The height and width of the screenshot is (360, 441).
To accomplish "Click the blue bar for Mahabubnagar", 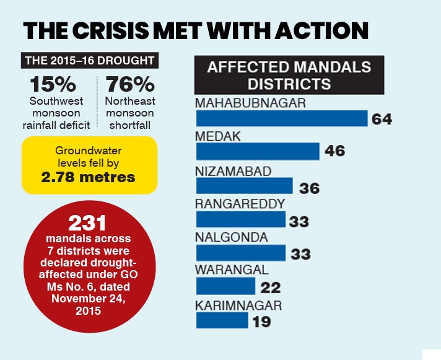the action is pos(282,118).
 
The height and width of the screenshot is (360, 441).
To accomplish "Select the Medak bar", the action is pos(258,151).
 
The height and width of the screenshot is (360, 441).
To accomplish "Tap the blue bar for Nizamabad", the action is pos(245,186).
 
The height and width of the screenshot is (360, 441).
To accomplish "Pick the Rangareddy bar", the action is pos(241,219).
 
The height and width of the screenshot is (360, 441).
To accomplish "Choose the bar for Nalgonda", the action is pos(241,253).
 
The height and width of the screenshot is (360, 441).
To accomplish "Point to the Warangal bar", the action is pos(225,286).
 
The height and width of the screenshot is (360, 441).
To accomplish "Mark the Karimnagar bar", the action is pos(222,320).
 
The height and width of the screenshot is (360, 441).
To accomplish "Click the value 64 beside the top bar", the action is pos(382,119).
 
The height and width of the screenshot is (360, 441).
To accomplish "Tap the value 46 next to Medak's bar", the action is pos(334,151).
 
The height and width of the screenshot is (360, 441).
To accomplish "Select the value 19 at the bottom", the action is pos(261,322).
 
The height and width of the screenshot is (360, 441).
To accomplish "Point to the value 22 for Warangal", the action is pos(271,288).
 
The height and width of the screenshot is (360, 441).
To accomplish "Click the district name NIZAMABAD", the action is pos(233,171).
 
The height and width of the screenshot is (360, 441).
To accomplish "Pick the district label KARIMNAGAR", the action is pos(238,305).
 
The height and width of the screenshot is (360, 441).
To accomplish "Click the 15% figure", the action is pos(53,84).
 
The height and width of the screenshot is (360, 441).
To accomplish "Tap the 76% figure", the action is pos(130,84).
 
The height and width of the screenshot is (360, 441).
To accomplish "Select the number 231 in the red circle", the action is pos(87,223).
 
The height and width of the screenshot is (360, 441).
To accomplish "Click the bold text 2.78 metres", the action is pos(89,177).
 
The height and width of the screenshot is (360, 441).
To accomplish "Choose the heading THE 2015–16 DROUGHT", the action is pos(90,61).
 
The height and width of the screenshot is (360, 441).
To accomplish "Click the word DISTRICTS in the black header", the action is pos(289,84).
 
